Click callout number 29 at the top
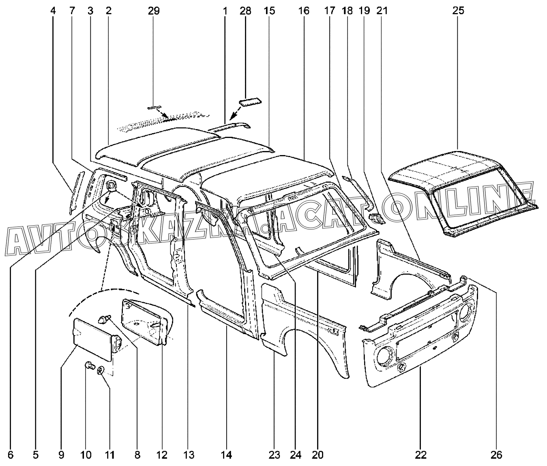coord(154,11)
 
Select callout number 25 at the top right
coord(458,11)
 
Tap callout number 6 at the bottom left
coord(10,455)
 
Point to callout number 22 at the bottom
coord(420,455)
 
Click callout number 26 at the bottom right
coord(496,455)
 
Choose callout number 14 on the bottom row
coord(227,455)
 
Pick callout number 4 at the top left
coord(53,11)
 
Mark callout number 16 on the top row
coord(304,11)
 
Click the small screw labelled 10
coord(90,366)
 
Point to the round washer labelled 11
coord(101,370)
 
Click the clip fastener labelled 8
coord(104,319)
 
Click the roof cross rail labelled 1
coord(229,127)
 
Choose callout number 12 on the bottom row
coord(162,455)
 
